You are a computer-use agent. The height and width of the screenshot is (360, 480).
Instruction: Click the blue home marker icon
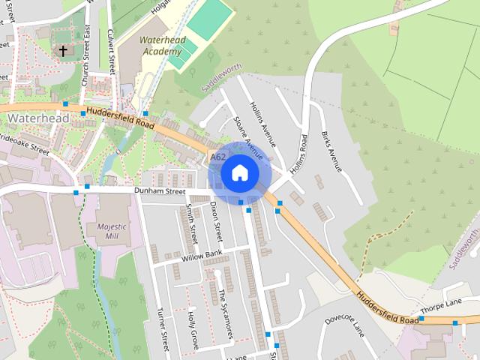(x=240, y=173)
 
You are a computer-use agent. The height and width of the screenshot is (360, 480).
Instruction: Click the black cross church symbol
(x=63, y=51)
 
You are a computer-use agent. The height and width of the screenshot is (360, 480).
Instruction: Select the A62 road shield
(x=218, y=157)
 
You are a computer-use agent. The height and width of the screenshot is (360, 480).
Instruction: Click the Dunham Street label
(x=159, y=191)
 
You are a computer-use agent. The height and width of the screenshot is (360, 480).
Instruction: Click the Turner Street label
(x=163, y=330)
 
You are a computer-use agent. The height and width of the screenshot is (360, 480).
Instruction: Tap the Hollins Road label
(x=299, y=154)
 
